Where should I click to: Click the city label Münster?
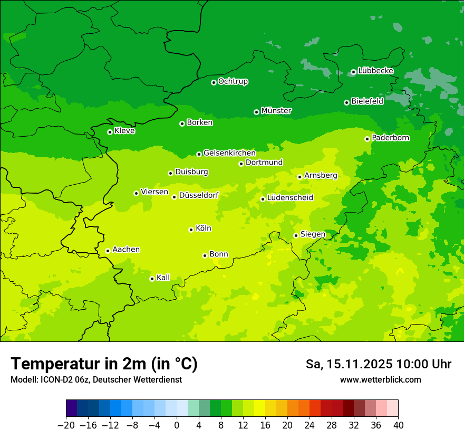[x=276, y=111]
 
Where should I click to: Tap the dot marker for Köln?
[x=191, y=230]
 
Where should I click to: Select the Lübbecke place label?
[x=375, y=71]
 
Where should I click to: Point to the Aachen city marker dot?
[x=108, y=251]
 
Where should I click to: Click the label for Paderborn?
[x=391, y=138]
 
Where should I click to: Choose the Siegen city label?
[x=313, y=234]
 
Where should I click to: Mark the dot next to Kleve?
[x=110, y=132]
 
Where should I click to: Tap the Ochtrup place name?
[x=233, y=81]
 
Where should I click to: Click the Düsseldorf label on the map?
[x=199, y=195]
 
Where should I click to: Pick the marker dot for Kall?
[x=152, y=279]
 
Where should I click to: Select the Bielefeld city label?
[x=367, y=101]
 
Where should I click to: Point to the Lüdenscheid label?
[x=290, y=198]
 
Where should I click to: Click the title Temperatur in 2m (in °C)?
[x=104, y=364]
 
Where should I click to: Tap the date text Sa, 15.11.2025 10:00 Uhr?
[x=378, y=364]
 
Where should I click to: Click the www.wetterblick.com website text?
[x=380, y=379]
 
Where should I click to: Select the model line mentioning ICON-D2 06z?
[x=96, y=379]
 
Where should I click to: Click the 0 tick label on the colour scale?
[x=177, y=425]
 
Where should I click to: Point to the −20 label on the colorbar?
[x=66, y=425]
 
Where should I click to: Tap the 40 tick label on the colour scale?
[x=398, y=425]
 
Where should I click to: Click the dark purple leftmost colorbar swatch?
[x=72, y=408]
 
